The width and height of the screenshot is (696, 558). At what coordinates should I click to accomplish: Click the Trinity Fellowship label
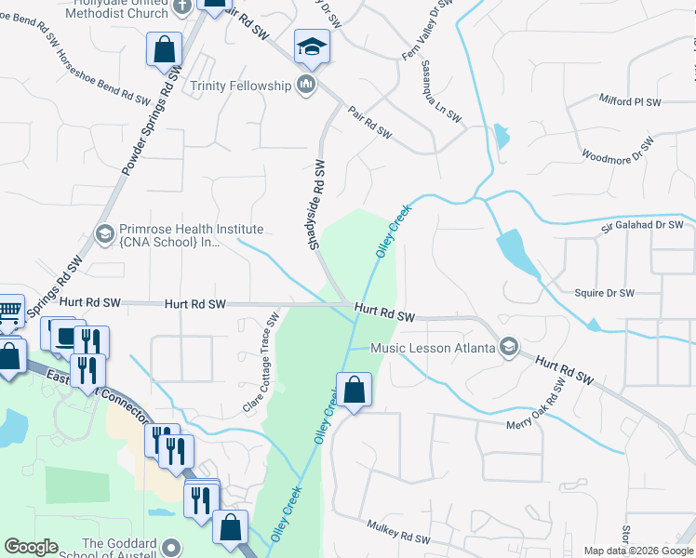tap(240, 86)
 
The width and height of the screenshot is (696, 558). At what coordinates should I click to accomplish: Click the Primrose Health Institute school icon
tap(104, 233)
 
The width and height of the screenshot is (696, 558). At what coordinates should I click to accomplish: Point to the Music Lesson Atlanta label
tap(433, 349)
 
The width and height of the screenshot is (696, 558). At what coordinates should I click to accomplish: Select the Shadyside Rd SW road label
tap(319, 204)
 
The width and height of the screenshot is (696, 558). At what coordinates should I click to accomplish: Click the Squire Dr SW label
tap(605, 293)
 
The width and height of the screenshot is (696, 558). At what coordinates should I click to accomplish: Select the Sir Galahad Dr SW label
tap(642, 224)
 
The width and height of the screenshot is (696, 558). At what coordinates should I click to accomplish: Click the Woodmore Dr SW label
tap(618, 149)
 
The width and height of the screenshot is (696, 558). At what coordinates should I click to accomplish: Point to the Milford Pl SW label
tap(630, 100)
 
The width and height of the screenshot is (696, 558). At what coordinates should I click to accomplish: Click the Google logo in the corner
tap(31, 548)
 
